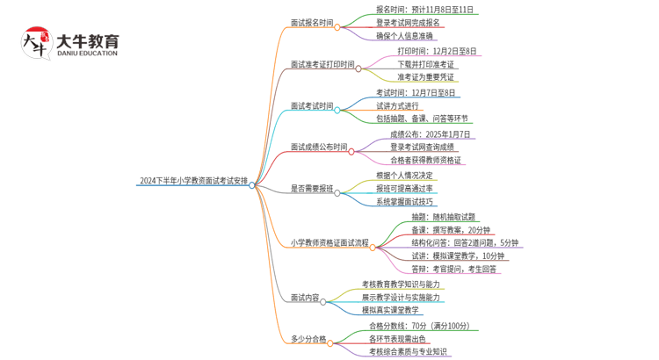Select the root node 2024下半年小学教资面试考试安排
[192, 182]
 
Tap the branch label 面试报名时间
[312, 23]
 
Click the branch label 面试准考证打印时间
[322, 64]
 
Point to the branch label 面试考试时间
[312, 106]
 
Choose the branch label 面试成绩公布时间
[319, 148]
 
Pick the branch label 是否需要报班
[312, 188]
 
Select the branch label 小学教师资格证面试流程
[329, 243]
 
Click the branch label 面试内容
[305, 298]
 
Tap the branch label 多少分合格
[308, 338]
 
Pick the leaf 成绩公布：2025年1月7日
[431, 134]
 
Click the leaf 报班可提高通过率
[404, 189]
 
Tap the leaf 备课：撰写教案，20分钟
[452, 229]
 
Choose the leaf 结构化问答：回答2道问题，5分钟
[465, 242]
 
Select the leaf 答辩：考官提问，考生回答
[454, 269]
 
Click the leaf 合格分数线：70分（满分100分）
[419, 326]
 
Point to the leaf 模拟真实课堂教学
[392, 310]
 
